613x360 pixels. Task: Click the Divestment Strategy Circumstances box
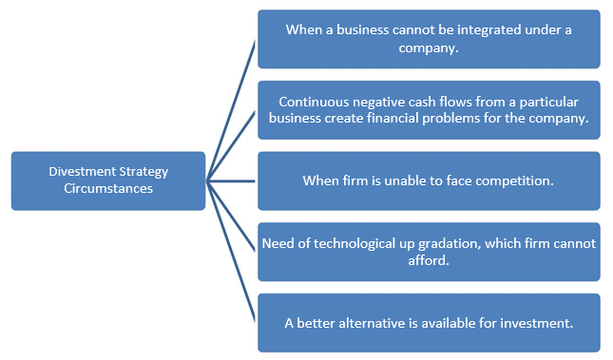click(x=107, y=180)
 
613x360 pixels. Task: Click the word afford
click(x=429, y=259)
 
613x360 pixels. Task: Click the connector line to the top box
click(x=231, y=110)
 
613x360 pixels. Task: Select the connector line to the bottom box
click(x=231, y=252)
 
